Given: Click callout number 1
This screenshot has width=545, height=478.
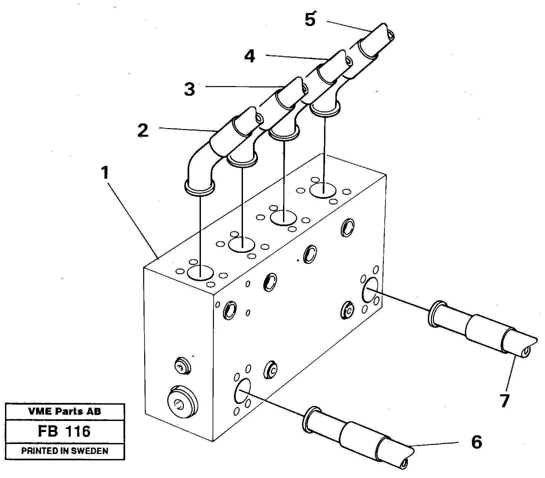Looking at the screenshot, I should coord(105,173).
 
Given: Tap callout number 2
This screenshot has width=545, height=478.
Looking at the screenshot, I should coord(143,130).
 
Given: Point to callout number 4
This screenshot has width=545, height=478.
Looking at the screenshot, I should coord(249,56).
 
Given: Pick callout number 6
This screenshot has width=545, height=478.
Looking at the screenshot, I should coord(476,443).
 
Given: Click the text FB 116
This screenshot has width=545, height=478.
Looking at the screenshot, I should coord(64,431).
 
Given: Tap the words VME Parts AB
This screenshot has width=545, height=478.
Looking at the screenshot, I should coord(64,411).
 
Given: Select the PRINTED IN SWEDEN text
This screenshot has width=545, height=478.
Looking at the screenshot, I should coord(64,451).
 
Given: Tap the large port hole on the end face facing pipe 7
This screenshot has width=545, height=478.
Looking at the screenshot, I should coord(370,289).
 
